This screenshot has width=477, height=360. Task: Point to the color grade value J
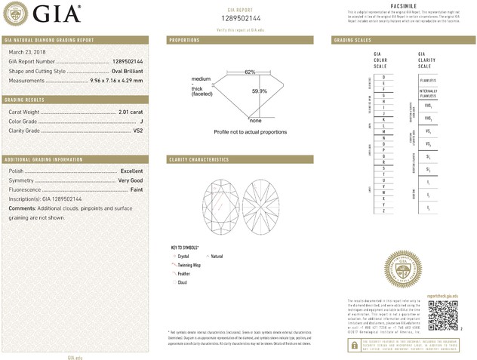coord(141,121)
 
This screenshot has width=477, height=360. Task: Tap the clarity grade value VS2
coord(137,131)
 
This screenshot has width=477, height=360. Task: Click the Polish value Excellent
coord(131,171)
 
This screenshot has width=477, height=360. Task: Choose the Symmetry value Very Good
coord(130,180)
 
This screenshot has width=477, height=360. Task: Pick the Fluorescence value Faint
coord(135,189)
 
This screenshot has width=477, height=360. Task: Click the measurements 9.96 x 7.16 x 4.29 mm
coord(115,80)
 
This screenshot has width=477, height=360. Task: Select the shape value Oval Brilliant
coord(123,70)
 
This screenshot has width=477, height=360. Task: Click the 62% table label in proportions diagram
coord(250,72)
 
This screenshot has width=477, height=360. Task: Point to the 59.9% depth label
coord(260,91)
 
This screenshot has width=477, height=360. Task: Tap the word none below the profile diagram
coord(255,120)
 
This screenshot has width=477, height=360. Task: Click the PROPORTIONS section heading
coord(184,39)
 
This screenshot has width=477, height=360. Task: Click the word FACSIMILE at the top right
coord(404,6)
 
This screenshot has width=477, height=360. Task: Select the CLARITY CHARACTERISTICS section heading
coord(198,160)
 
